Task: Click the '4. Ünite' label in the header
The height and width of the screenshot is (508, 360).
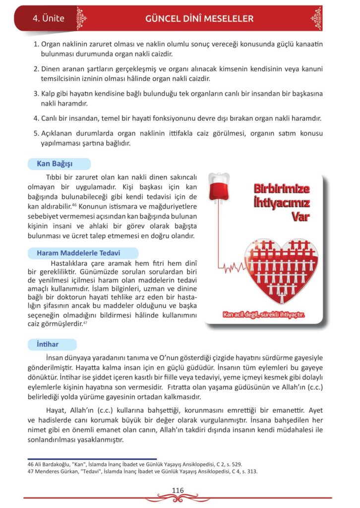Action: pos(48,19)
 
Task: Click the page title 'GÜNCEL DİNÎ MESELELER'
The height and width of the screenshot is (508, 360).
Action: pos(199,19)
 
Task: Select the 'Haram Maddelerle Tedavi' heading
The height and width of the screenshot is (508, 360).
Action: pos(78,253)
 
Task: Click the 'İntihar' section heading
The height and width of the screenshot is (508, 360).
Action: pos(48,344)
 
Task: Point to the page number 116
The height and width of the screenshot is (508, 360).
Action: pos(178,490)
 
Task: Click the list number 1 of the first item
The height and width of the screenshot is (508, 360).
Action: pos(36,44)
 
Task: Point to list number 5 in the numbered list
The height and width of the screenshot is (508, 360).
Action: pos(36,133)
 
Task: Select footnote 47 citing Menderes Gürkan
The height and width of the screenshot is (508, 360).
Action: pos(142,471)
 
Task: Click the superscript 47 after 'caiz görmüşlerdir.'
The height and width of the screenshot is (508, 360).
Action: pos(85,322)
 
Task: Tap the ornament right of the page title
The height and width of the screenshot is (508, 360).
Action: pos(316,19)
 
